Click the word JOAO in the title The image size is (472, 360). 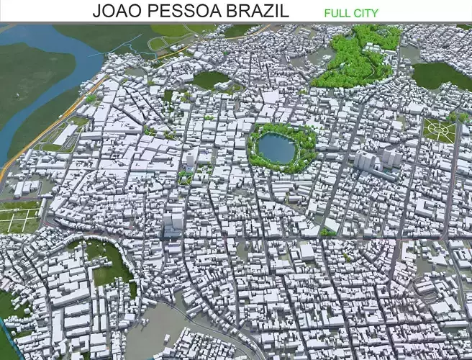[115, 12]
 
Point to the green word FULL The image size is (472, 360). [337, 13]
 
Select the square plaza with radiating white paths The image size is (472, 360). [439, 130]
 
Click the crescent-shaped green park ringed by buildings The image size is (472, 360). [112, 263]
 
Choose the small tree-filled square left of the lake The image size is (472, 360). [186, 176]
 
